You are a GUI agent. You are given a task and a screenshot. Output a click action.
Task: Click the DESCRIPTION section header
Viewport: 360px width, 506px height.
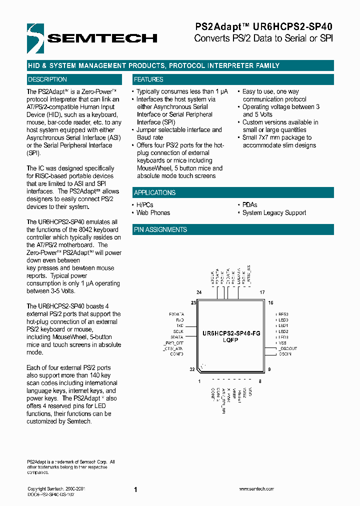coord(47,79)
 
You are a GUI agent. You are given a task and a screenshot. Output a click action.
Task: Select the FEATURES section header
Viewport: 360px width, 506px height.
coord(148,79)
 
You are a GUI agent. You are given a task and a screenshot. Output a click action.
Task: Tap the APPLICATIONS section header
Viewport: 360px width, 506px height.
coord(155,192)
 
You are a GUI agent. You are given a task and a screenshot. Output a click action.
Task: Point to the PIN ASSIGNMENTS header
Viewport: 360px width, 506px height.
coord(160,229)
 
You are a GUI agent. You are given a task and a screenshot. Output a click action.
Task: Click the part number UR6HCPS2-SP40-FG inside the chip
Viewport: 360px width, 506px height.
coord(231,333)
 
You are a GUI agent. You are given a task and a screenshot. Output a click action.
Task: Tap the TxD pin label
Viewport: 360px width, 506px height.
coord(180,325)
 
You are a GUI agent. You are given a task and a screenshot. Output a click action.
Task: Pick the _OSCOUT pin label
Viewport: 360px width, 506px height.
coord(287,348)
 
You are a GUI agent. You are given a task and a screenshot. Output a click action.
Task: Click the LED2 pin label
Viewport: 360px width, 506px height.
coord(283,331)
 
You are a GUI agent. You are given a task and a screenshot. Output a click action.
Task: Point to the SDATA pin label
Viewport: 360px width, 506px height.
coord(177,337)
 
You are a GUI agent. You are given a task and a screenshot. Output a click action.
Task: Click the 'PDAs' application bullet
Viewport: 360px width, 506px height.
coord(249,205)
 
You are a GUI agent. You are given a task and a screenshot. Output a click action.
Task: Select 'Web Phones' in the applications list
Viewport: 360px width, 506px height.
coord(153,212)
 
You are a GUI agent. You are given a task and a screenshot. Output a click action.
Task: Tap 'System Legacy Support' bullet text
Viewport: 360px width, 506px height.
coord(274,212)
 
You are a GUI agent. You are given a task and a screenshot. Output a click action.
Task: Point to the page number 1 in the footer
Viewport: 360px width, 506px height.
coord(135,490)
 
